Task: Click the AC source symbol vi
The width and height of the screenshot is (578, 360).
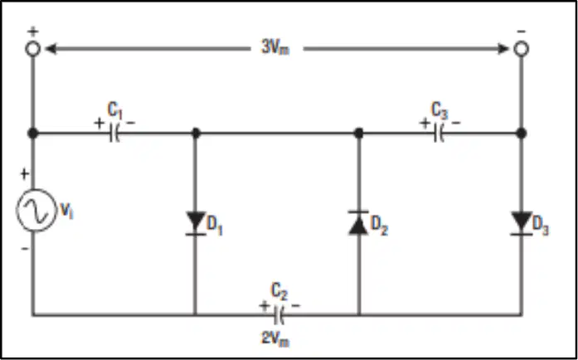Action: (x=36, y=210)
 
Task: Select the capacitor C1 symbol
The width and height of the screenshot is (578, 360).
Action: (x=114, y=134)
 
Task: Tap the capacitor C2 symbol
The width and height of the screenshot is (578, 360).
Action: (x=279, y=315)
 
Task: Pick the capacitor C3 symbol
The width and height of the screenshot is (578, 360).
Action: (x=439, y=134)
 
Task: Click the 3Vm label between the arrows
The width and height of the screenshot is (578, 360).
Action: (x=275, y=47)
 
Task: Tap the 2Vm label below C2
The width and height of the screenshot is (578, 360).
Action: (x=275, y=338)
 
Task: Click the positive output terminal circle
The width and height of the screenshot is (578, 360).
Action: (x=33, y=49)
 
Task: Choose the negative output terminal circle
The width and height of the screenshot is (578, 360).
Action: (x=522, y=49)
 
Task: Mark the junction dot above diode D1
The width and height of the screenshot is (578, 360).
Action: (x=196, y=134)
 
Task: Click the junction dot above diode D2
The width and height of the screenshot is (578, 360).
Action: (x=359, y=134)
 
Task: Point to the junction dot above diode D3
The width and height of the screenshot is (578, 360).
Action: (x=522, y=134)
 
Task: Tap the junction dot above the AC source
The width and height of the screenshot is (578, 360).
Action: (x=33, y=134)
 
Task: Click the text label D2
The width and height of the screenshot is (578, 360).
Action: (x=379, y=225)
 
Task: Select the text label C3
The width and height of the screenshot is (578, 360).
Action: (x=440, y=110)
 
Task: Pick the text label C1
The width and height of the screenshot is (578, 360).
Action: (x=115, y=110)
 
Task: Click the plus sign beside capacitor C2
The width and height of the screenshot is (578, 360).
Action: (x=264, y=306)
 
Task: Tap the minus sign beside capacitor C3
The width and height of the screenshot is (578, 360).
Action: (x=456, y=123)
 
